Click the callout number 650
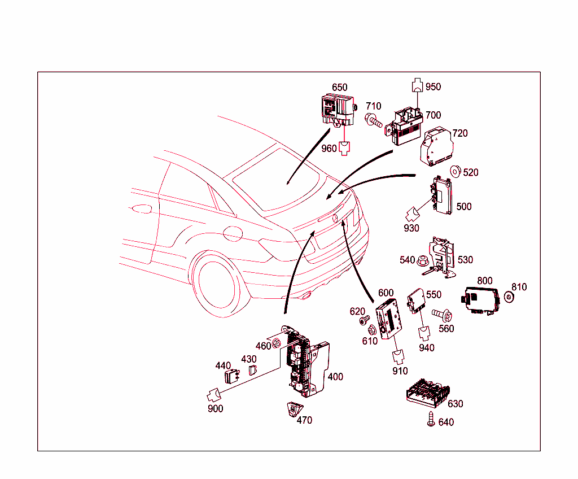click(x=339, y=88)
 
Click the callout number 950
click(x=433, y=87)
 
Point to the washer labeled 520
click(x=454, y=170)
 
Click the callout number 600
click(x=386, y=293)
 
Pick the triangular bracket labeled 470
click(x=292, y=409)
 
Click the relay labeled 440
click(x=232, y=376)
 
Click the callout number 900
click(x=215, y=408)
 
